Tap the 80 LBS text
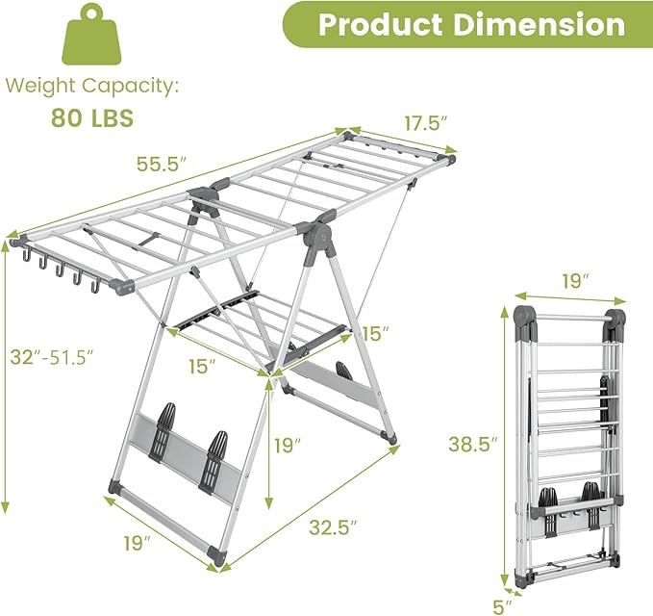91,119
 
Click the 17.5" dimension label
426,123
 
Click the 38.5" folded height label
472,444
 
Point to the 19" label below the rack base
136,543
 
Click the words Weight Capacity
91,86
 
